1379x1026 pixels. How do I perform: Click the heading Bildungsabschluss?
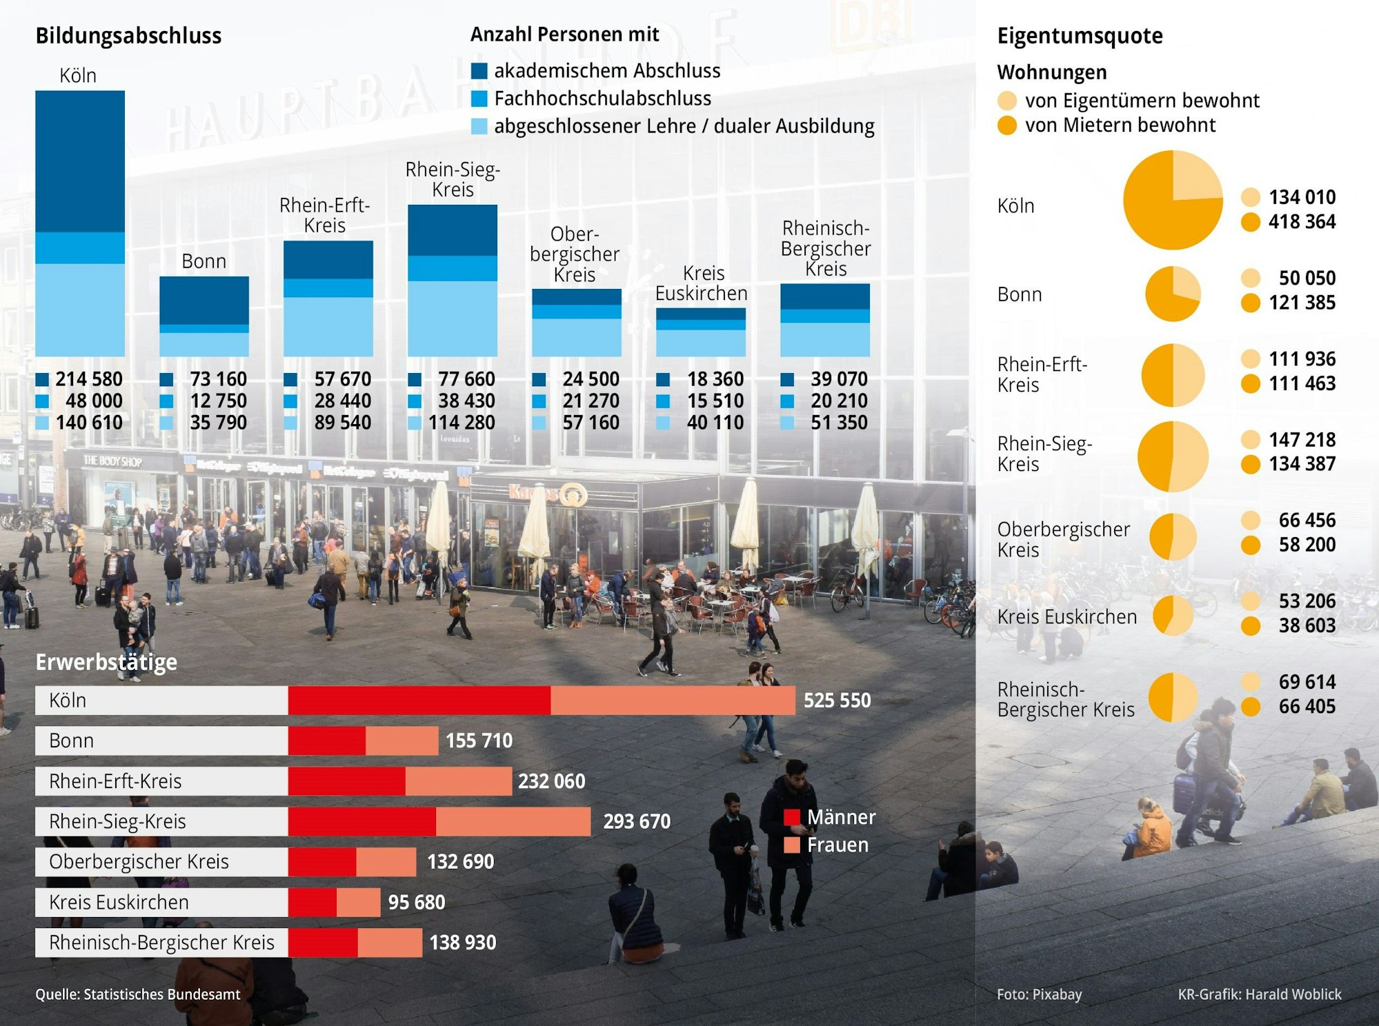click(x=128, y=36)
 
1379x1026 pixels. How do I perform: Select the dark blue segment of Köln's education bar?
click(x=80, y=161)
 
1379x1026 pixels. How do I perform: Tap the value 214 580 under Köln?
click(x=88, y=379)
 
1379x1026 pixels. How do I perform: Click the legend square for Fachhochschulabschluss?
click(x=479, y=99)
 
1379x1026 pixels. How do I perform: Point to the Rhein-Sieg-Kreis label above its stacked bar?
click(x=453, y=179)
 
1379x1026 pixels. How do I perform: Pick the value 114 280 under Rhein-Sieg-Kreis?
click(x=462, y=423)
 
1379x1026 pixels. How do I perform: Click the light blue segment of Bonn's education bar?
click(x=204, y=344)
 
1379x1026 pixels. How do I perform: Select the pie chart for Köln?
click(x=1173, y=200)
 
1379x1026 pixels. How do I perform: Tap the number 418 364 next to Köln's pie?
click(x=1302, y=222)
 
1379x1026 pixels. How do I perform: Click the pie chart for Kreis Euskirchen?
click(x=1173, y=615)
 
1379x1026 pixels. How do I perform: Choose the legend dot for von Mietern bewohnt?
click(x=1007, y=125)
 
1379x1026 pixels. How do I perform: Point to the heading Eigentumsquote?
click(x=1080, y=36)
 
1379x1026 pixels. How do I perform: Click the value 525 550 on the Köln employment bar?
click(x=837, y=701)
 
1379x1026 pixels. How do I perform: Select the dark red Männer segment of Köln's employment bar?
click(x=419, y=701)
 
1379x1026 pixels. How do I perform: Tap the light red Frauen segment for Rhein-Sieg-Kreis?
click(x=513, y=821)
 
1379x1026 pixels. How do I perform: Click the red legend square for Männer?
click(x=792, y=818)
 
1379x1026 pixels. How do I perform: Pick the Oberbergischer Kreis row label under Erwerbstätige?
click(x=139, y=862)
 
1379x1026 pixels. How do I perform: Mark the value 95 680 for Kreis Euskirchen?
click(x=417, y=903)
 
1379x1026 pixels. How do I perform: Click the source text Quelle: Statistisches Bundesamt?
click(x=138, y=994)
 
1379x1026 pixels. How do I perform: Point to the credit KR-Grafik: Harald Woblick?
click(x=1260, y=994)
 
